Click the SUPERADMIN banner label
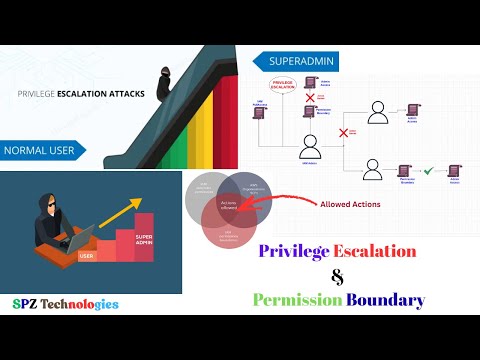coord(300,61)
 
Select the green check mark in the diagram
coord(429,172)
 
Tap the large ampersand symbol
coord(338,275)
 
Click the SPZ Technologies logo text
coord(65,303)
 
